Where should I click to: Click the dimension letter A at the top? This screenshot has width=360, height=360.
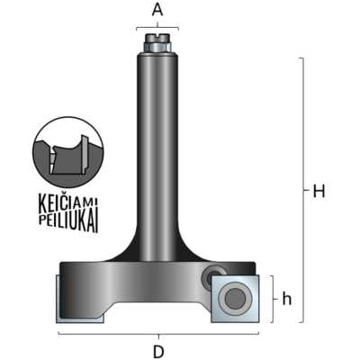tap(157, 10)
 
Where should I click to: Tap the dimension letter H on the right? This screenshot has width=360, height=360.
tap(319, 191)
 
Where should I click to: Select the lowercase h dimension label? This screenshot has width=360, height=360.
tap(287, 299)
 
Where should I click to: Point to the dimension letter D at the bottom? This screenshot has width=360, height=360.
tap(158, 352)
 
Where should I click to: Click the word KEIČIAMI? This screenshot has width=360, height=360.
tap(68, 202)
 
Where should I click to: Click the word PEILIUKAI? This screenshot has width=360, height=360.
tap(68, 222)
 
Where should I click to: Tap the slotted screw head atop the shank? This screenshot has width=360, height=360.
tap(157, 38)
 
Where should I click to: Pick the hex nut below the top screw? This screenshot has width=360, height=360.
tap(157, 48)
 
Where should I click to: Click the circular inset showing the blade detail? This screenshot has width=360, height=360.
tap(68, 152)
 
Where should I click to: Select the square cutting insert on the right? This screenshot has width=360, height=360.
tap(235, 299)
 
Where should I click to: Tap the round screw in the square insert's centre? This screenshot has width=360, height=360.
tap(235, 299)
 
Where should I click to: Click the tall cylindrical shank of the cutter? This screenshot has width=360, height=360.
tap(157, 156)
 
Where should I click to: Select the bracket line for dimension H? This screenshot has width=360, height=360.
tap(303, 190)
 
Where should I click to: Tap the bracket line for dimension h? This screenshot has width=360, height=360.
tap(273, 299)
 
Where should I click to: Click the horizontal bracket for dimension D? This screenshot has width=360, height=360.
tap(158, 333)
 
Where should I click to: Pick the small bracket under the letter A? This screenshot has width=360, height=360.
tap(157, 28)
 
